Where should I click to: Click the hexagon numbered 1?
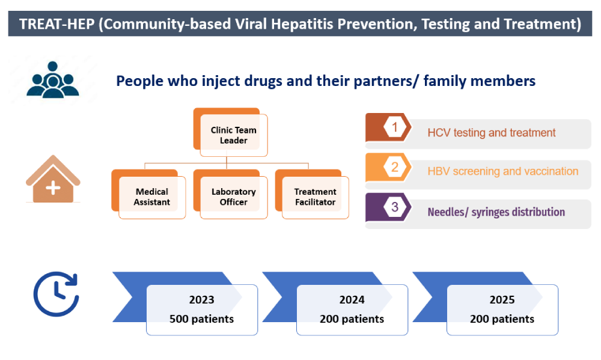click(x=395, y=127)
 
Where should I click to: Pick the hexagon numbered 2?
click(x=395, y=167)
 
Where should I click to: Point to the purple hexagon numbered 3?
click(x=395, y=207)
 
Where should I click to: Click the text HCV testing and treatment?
click(x=492, y=133)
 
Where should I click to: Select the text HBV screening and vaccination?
click(x=503, y=171)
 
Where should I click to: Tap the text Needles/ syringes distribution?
click(x=496, y=212)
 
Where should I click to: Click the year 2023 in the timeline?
click(x=201, y=299)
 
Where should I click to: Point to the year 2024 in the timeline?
click(x=352, y=299)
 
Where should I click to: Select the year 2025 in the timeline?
click(x=502, y=299)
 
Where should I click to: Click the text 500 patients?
click(x=201, y=319)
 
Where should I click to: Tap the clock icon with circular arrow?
click(x=56, y=294)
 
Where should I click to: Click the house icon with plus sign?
click(x=53, y=179)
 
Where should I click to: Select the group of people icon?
click(x=53, y=79)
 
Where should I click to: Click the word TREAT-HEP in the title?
click(x=56, y=24)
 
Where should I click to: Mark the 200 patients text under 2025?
click(x=502, y=319)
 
